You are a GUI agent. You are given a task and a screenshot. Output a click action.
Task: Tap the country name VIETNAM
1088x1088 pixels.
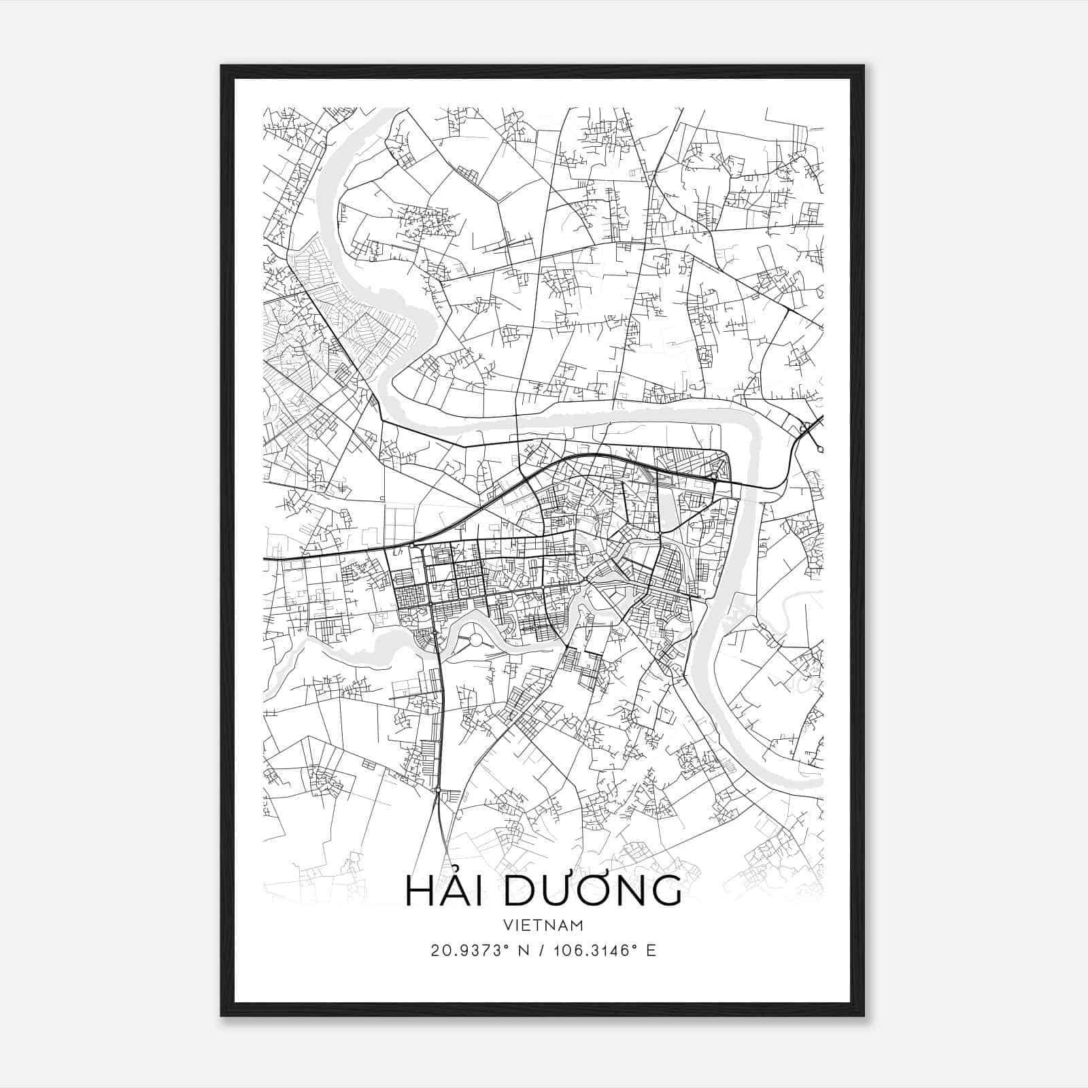tap(543, 925)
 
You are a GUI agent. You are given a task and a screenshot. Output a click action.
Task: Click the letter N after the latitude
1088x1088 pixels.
tap(523, 951)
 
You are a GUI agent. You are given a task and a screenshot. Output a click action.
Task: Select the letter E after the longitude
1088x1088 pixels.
tap(651, 951)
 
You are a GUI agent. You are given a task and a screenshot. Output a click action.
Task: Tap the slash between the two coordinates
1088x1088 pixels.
tap(541, 951)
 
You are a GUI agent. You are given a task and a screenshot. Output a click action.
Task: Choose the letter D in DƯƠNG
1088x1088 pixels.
tap(520, 891)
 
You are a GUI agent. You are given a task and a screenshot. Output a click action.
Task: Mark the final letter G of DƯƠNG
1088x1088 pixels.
tap(665, 891)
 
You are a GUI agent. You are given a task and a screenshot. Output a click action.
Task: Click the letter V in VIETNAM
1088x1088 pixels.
tap(509, 925)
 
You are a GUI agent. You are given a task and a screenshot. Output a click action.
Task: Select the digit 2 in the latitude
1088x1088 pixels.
tap(435, 951)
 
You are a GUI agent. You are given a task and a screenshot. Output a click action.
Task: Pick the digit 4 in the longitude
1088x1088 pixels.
tap(615, 951)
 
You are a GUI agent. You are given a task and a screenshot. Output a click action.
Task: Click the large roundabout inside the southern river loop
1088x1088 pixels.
tap(475, 639)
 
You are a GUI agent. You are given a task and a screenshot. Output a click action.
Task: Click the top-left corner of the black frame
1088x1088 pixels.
tap(222, 66)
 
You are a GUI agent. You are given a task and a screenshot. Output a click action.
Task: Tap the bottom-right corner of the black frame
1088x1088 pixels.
tap(864, 1016)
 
